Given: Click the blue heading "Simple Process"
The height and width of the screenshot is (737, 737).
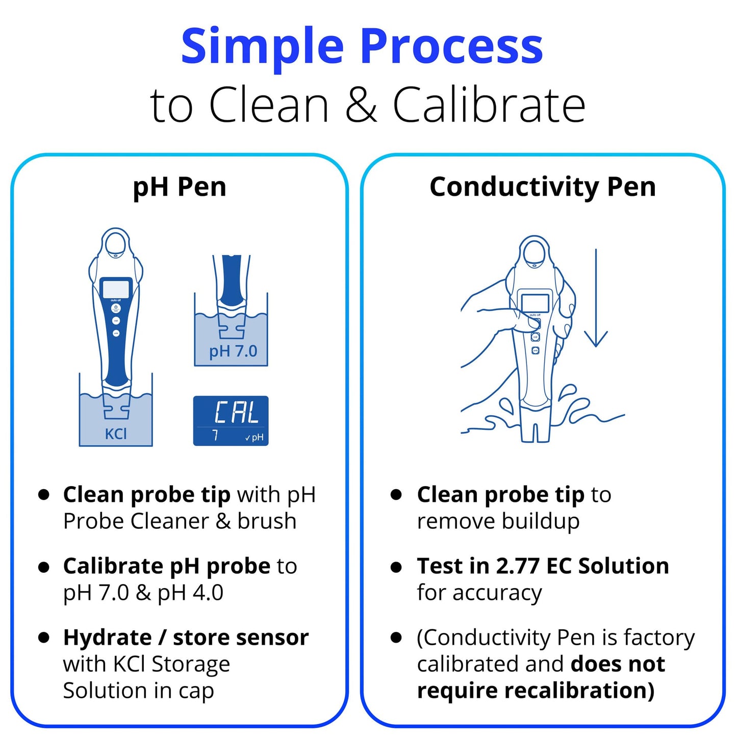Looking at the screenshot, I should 362,47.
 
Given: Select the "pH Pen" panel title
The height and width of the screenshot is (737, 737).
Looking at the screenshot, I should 179,187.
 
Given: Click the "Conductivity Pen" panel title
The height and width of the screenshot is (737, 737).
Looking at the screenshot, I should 543,187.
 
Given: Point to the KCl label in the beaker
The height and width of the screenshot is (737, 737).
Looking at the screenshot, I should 116,434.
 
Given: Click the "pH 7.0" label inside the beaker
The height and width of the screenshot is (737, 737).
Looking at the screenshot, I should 233,351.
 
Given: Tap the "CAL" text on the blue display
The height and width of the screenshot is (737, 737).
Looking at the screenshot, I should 236,413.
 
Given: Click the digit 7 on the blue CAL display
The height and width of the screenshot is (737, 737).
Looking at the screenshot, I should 215,436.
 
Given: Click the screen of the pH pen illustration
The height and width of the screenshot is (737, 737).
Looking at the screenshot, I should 116,289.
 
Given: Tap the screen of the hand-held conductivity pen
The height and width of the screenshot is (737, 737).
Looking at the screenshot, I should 535,303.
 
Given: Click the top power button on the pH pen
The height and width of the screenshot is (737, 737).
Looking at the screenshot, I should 116,308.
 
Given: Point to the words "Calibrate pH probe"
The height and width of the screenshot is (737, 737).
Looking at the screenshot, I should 166,566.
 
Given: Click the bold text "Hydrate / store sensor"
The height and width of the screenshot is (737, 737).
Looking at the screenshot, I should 186,638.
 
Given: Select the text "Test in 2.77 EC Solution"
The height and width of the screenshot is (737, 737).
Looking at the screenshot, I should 543,566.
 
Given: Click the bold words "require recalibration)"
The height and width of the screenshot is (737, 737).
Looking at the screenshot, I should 536,691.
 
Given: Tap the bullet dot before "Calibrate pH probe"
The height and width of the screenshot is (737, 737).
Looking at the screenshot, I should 44,567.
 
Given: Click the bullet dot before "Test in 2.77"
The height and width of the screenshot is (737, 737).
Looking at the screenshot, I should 396,567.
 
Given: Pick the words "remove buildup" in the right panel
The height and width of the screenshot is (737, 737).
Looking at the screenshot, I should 498,521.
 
